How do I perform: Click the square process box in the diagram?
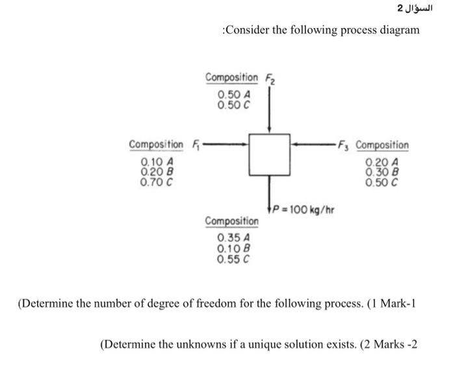point(268,154)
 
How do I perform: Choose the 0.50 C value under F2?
point(231,104)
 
